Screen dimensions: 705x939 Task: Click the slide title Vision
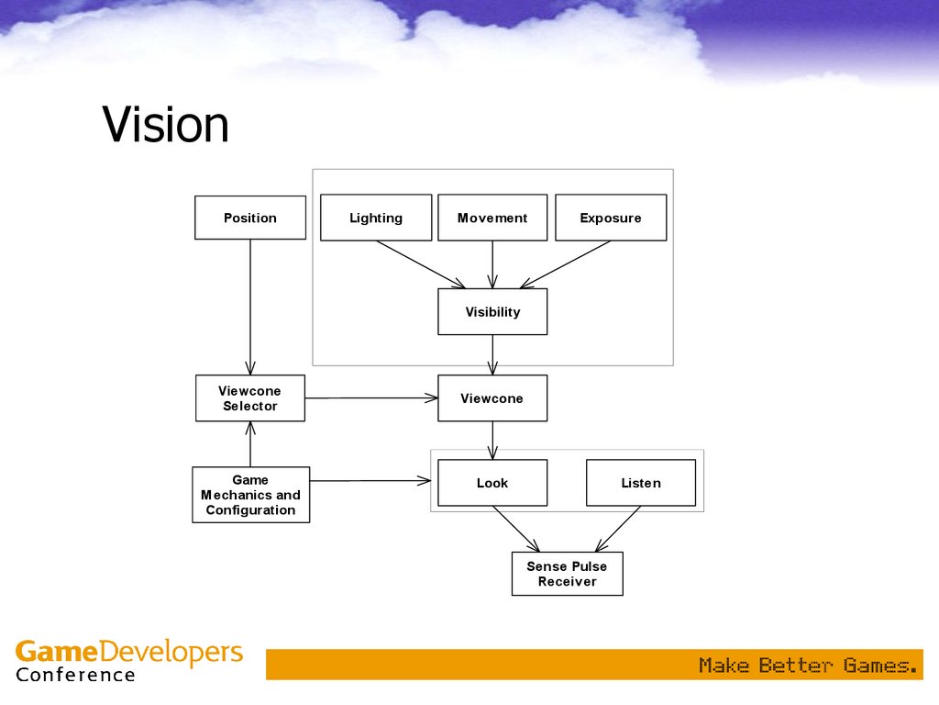click(165, 125)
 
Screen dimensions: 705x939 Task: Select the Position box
click(250, 218)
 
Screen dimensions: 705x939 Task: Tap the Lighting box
click(376, 218)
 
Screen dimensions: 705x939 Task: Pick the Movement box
click(492, 218)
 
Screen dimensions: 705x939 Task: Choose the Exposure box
click(611, 218)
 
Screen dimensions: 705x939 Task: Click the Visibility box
click(492, 312)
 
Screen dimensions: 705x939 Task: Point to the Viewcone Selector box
click(250, 398)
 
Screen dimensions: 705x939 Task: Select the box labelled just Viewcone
click(492, 398)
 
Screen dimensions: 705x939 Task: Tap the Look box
click(492, 483)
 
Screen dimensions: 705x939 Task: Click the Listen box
click(641, 483)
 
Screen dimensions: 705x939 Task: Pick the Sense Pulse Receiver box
click(567, 574)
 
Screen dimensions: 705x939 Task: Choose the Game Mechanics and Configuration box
click(250, 495)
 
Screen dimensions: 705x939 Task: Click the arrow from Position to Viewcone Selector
click(250, 308)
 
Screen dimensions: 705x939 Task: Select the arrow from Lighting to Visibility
click(421, 264)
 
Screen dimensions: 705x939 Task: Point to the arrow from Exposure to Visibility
click(565, 264)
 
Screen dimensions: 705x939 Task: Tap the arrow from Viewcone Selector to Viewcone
click(371, 398)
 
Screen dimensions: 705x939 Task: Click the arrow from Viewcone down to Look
click(492, 441)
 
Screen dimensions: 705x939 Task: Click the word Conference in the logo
click(75, 676)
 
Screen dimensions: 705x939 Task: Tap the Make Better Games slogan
click(808, 665)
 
